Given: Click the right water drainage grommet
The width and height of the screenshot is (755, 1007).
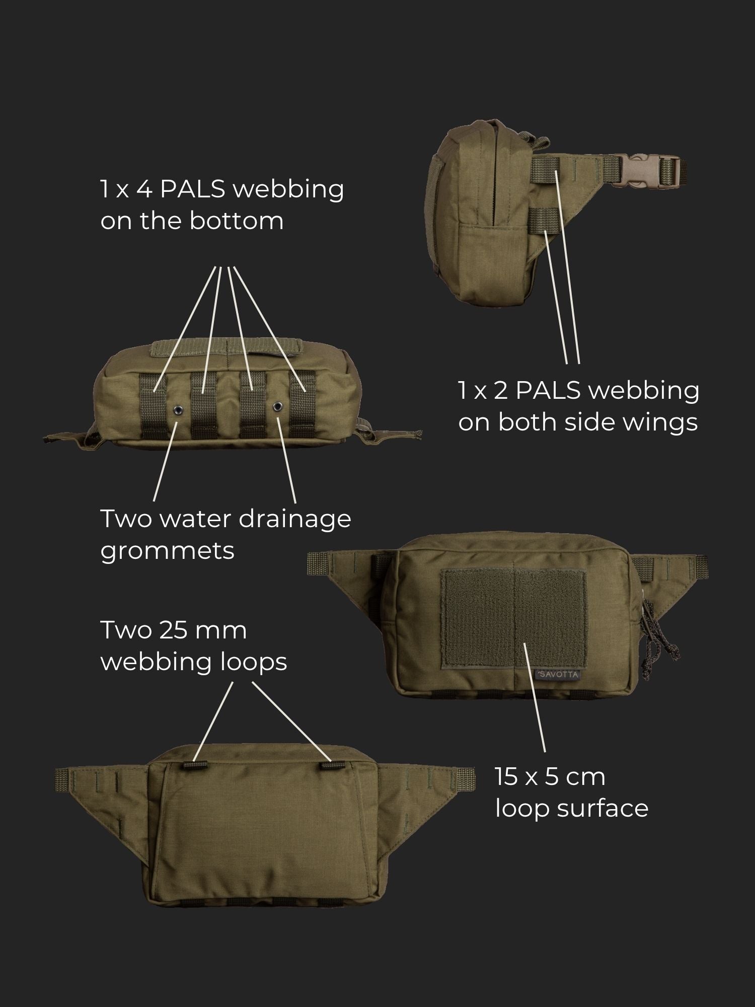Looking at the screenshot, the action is (277, 406).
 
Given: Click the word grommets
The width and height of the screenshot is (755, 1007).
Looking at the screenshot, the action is (167, 551).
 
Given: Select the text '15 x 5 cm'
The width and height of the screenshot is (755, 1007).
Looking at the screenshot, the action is (550, 776).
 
